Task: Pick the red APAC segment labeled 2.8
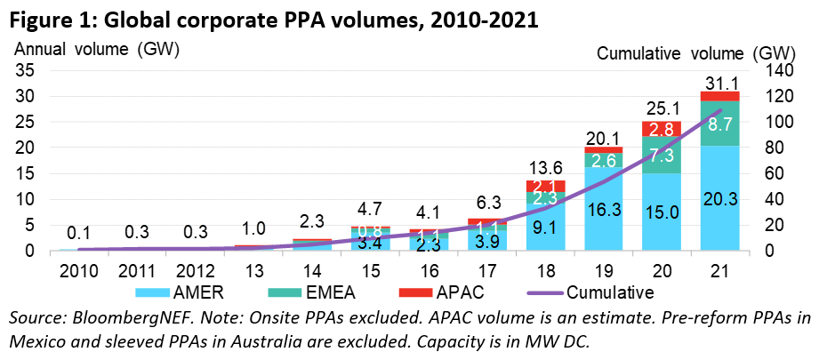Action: (x=662, y=129)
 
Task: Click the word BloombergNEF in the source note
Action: (x=114, y=317)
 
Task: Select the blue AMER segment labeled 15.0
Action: (x=662, y=212)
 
